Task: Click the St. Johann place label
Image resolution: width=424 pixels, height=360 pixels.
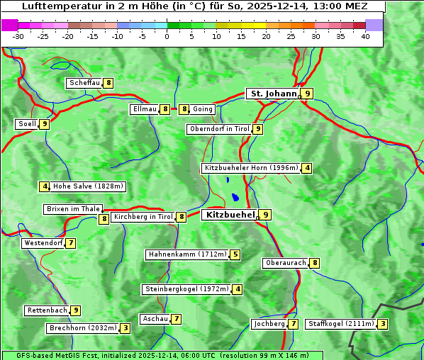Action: point(272,94)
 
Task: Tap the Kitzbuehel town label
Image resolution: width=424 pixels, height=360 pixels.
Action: point(228,214)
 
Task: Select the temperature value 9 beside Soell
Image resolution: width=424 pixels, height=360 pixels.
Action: point(45,124)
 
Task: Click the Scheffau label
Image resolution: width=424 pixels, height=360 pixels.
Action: point(85,83)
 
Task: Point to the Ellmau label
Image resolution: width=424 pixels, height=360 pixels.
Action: point(145,109)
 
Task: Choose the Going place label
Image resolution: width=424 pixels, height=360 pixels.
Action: point(202,109)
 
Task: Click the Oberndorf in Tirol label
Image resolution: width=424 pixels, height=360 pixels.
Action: point(219,129)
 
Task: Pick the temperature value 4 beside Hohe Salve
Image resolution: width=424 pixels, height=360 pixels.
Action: point(45,186)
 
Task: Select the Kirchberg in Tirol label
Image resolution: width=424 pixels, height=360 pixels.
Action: point(143,217)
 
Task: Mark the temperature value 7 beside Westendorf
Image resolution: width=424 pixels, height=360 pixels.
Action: point(71,243)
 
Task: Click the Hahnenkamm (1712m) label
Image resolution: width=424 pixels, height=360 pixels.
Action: point(187,254)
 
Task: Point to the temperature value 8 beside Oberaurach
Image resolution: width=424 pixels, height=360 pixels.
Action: point(315,263)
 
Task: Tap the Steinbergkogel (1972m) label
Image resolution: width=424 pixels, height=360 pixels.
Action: point(187,289)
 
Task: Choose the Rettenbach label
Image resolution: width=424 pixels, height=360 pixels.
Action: point(48,310)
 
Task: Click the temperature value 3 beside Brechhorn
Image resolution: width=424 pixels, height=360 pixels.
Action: point(125,328)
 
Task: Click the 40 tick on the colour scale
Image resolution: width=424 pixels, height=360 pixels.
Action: point(365,35)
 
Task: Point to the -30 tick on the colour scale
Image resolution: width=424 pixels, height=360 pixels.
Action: point(18,35)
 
